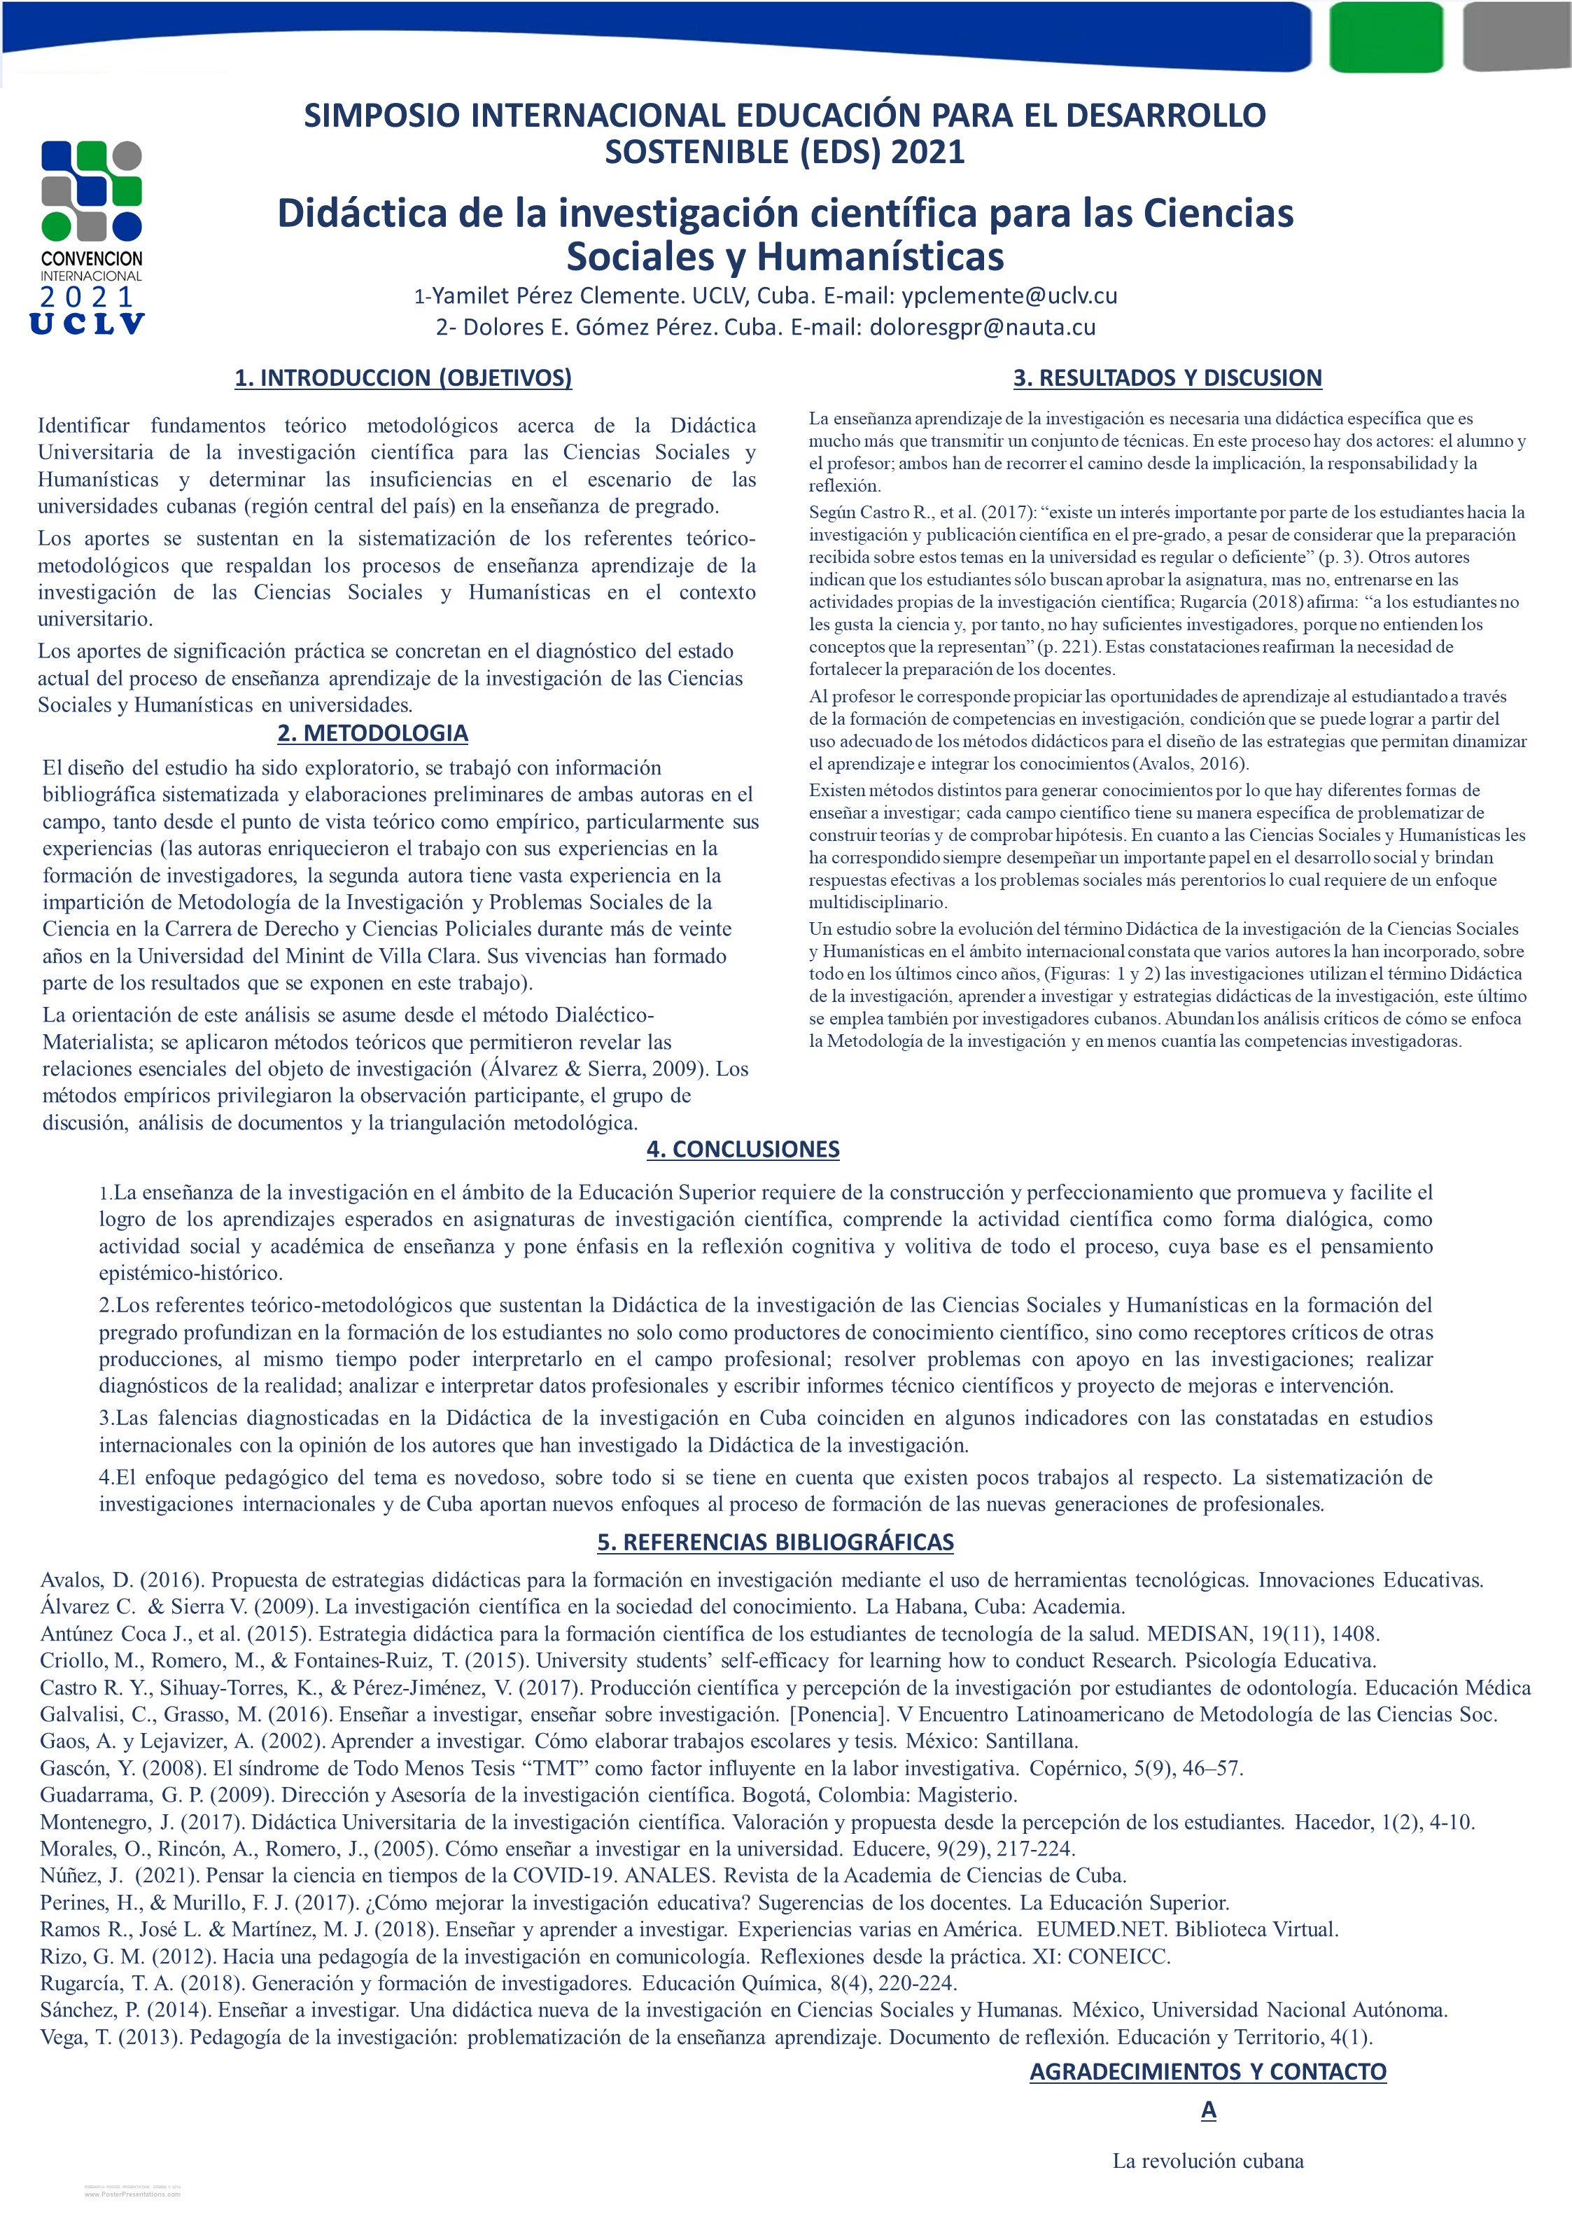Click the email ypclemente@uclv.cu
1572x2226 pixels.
point(1009,295)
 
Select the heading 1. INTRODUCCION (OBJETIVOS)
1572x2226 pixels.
point(403,378)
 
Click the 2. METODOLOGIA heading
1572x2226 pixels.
point(373,733)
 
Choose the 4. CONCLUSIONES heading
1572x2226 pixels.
point(743,1149)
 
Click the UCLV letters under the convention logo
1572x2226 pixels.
point(88,324)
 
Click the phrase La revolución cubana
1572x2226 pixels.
point(1207,2161)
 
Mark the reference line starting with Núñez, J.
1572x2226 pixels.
point(582,1875)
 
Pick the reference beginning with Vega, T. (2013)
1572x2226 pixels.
point(706,2037)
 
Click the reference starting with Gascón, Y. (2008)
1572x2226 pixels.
point(640,1767)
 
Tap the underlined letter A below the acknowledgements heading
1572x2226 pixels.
point(1207,2110)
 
